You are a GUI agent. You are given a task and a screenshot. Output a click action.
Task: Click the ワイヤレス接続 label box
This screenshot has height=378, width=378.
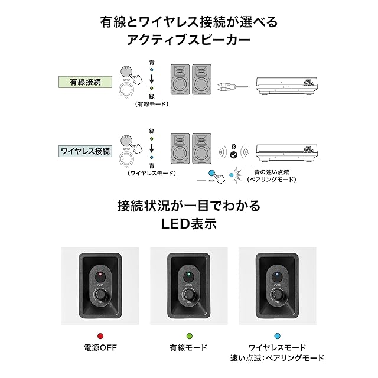(x=86, y=151)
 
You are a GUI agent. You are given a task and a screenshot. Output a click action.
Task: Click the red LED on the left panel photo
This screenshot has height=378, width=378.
(x=100, y=275)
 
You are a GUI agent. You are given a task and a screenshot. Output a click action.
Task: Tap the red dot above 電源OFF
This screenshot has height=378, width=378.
(x=100, y=335)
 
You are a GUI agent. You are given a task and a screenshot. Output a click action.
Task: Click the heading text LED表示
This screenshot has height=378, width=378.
(x=189, y=225)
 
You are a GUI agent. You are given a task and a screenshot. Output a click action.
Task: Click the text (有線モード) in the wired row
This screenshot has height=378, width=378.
(x=152, y=104)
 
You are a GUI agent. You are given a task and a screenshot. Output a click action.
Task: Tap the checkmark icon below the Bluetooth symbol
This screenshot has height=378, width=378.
(x=234, y=155)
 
